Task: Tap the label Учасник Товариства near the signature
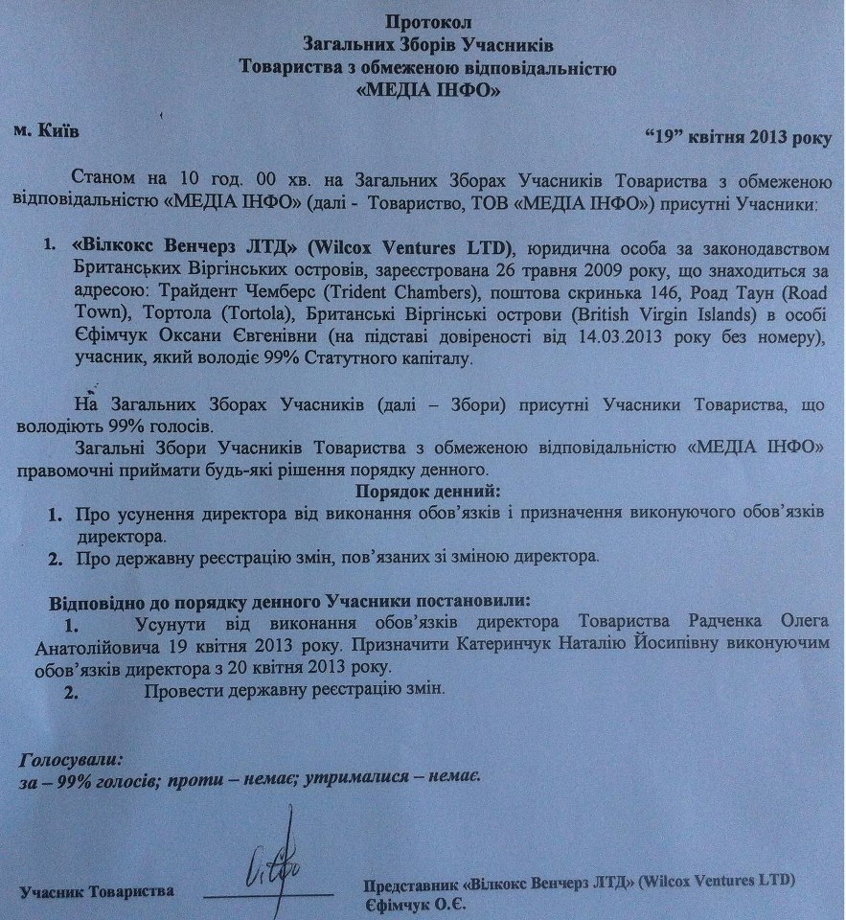[97, 891]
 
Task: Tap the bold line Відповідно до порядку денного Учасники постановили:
[287, 602]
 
